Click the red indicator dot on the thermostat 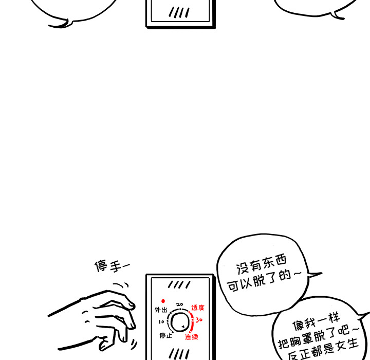coord(163,301)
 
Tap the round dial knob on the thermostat coord(179,322)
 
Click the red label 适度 coord(197,308)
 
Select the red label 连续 coord(192,337)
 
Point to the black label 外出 coord(161,310)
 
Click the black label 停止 coord(165,336)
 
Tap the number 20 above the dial coord(179,304)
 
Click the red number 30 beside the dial coord(199,319)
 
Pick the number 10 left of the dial coord(161,322)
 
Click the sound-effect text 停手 coord(110,266)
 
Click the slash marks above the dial coord(179,284)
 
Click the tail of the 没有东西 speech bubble coord(313,275)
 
